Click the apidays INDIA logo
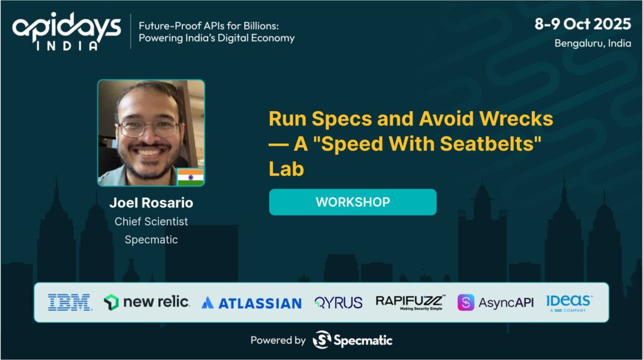pyautogui.click(x=67, y=31)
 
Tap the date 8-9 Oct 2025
pyautogui.click(x=582, y=24)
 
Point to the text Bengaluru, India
pyautogui.click(x=593, y=43)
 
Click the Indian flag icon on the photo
pyautogui.click(x=190, y=177)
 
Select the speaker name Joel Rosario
pyautogui.click(x=151, y=203)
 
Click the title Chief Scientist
pyautogui.click(x=151, y=222)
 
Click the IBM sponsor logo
pyautogui.click(x=69, y=303)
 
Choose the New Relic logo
pyautogui.click(x=146, y=302)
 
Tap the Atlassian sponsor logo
pyautogui.click(x=252, y=303)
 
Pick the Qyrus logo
pyautogui.click(x=338, y=303)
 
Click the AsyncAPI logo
pyautogui.click(x=495, y=303)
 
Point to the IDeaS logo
pyautogui.click(x=568, y=303)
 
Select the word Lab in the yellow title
pyautogui.click(x=286, y=169)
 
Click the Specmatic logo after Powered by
pyautogui.click(x=352, y=340)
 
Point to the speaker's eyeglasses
pyautogui.click(x=149, y=128)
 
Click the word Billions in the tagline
pyautogui.click(x=261, y=26)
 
